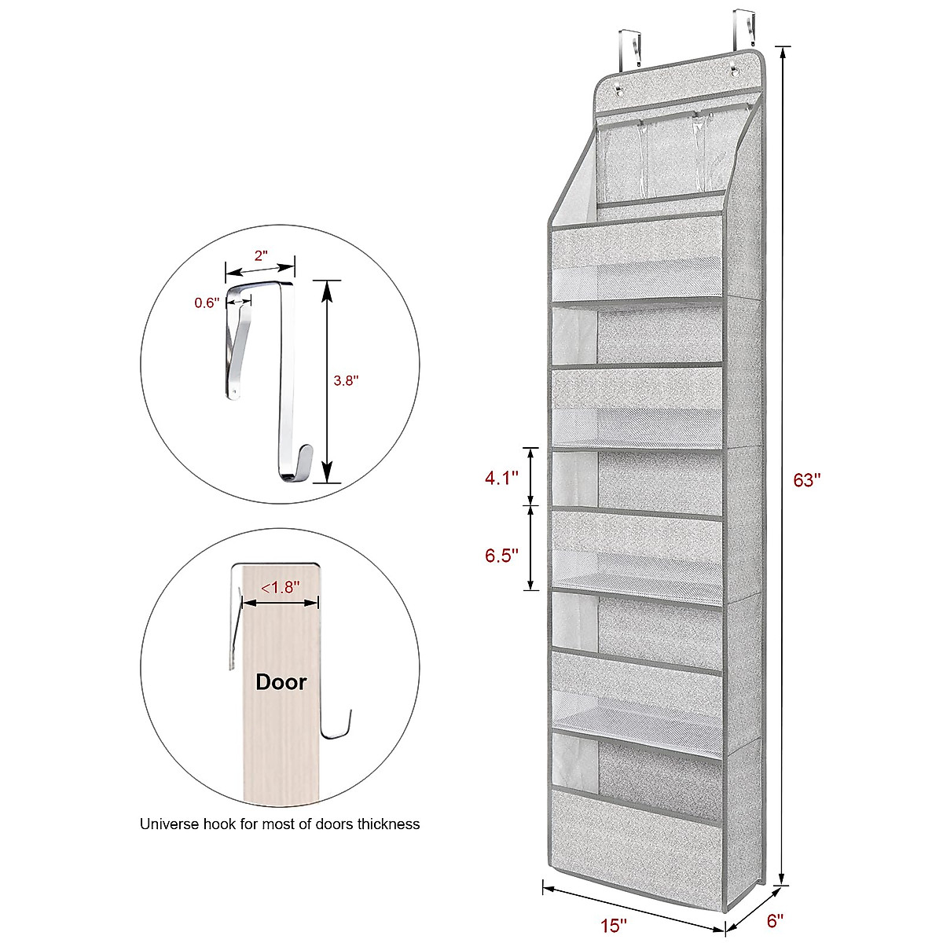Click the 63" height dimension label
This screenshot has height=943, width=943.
click(x=806, y=480)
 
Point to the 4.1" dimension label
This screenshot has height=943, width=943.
click(x=502, y=477)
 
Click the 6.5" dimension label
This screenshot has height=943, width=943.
click(x=502, y=556)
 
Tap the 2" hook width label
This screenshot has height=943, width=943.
click(x=261, y=255)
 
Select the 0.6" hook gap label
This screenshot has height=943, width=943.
click(x=207, y=303)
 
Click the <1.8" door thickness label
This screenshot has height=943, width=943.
click(x=280, y=586)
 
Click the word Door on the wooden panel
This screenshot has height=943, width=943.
click(x=281, y=682)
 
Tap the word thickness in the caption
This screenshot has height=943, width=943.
click(x=388, y=824)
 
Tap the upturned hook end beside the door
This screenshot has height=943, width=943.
click(x=339, y=727)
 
